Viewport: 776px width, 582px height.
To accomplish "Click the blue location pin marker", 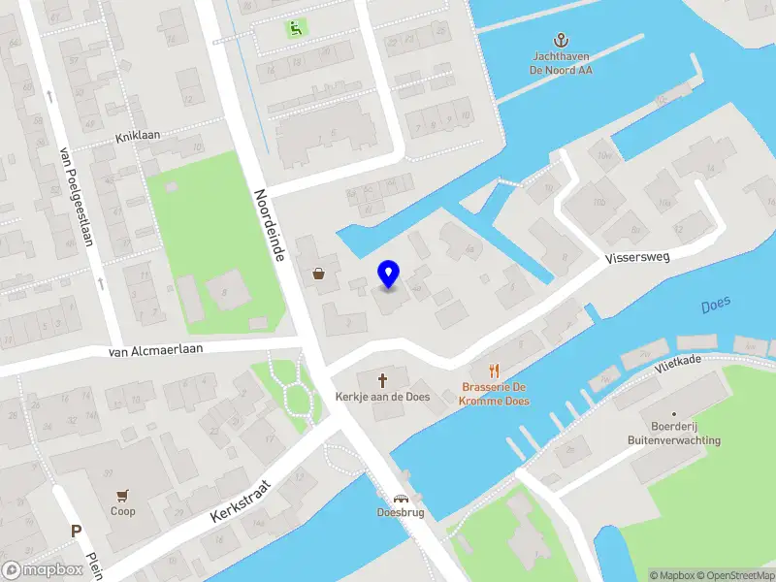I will pyautogui.click(x=389, y=275).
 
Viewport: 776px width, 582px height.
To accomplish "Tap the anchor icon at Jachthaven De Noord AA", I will pyautogui.click(x=560, y=40).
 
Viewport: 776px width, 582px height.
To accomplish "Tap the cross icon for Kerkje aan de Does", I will pyautogui.click(x=382, y=379).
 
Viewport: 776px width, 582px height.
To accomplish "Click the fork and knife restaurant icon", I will pyautogui.click(x=495, y=370).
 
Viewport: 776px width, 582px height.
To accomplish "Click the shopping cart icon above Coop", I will pyautogui.click(x=122, y=495).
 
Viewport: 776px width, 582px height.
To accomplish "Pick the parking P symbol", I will pyautogui.click(x=76, y=531).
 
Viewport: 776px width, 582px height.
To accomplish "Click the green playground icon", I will pyautogui.click(x=293, y=28).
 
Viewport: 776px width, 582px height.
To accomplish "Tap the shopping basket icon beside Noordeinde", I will pyautogui.click(x=318, y=274).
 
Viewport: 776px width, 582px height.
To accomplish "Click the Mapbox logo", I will pyautogui.click(x=43, y=570).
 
